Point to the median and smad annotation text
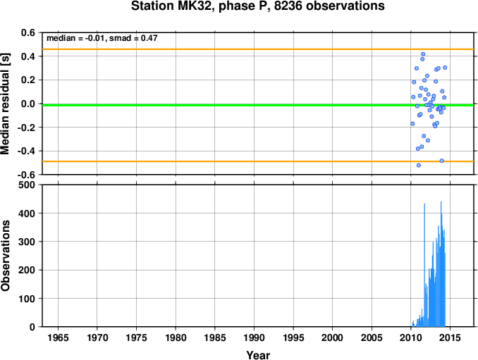tap(102, 38)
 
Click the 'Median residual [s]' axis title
tap(5, 104)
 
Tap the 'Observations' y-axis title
tap(5, 256)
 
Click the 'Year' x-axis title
tap(258, 355)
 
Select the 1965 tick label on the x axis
tap(58, 337)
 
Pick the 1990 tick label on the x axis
tap(255, 337)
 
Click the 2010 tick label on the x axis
tap(411, 337)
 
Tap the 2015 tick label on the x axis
tap(451, 337)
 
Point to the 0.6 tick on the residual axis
tap(27, 32)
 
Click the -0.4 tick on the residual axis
tap(26, 151)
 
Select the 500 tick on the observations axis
tap(27, 185)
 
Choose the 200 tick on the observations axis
tap(27, 270)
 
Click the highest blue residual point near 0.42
tap(423, 54)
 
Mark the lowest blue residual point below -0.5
tap(419, 165)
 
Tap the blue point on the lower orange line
tap(442, 161)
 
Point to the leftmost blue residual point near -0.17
tap(412, 124)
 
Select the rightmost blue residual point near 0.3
tap(445, 68)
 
